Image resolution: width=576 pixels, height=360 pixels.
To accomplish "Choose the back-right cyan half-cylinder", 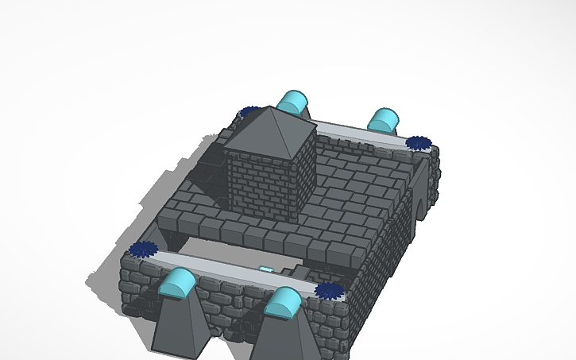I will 384,120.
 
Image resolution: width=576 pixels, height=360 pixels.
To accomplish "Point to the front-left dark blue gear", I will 143,250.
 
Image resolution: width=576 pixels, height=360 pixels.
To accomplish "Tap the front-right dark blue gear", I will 328,290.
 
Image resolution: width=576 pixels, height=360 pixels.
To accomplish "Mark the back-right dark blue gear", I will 418,143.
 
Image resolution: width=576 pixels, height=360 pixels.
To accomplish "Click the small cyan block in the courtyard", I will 266,269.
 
